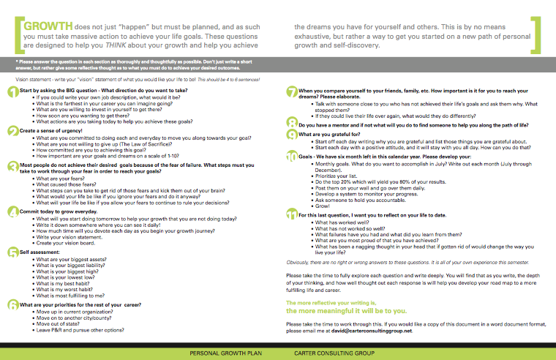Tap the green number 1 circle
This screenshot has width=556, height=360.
pyautogui.click(x=12, y=92)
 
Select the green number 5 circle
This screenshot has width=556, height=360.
pyautogui.click(x=12, y=253)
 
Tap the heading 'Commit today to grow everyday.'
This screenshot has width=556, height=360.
pyautogui.click(x=58, y=210)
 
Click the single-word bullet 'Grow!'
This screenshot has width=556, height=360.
pyautogui.click(x=320, y=207)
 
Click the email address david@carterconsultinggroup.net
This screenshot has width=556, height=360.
pyautogui.click(x=371, y=331)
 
